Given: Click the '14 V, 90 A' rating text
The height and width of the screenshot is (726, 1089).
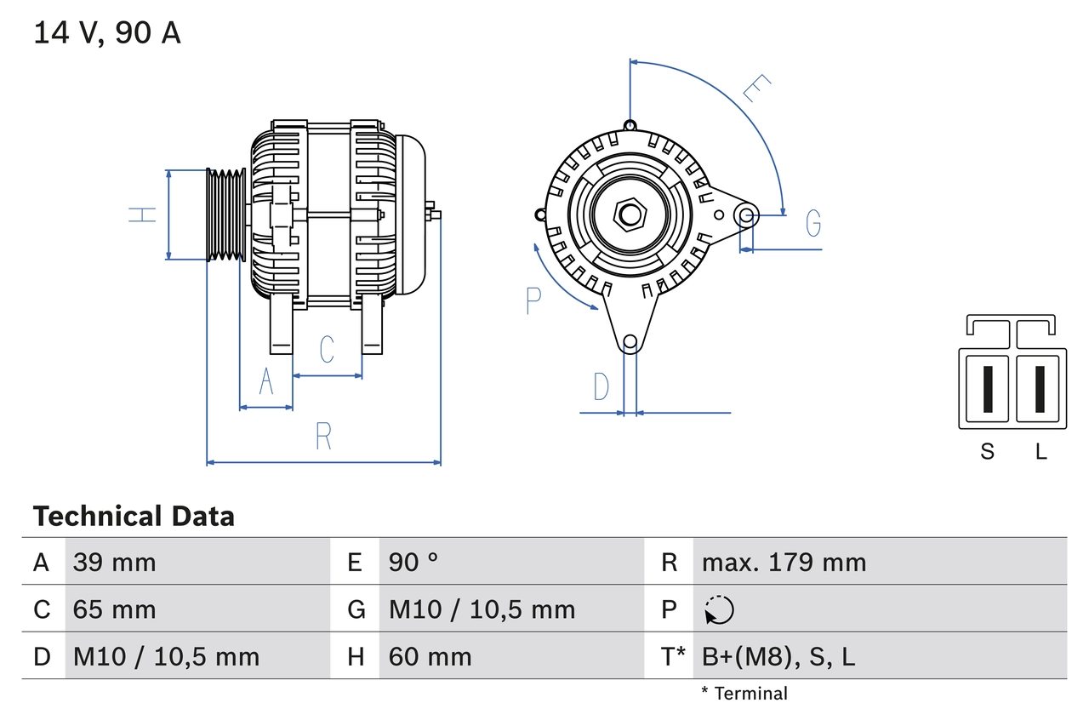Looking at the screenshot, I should pos(107,32).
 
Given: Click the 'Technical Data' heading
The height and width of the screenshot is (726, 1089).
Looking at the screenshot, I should pos(134,517).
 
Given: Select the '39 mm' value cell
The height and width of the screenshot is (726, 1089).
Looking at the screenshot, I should pos(115,562).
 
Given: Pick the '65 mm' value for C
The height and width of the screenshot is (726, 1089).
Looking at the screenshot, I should pos(115,609).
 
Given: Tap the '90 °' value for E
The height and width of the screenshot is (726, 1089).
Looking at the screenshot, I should pos(413,562).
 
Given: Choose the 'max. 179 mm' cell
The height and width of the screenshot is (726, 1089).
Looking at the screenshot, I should pos(784,562).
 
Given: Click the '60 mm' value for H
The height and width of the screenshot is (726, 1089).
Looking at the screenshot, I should pos(430,656).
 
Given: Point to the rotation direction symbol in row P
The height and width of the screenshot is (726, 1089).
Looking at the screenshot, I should pos(720,609).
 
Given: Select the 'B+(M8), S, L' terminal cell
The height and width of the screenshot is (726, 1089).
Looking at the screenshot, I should pos(778,656).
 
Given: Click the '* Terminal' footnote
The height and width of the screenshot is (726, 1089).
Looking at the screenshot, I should pos(744,694).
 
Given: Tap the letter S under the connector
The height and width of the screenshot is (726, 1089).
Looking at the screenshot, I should pos(987,452).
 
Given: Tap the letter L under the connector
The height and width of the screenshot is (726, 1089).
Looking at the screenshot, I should pos(1041,452).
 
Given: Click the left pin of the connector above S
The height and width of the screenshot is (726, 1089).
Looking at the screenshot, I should pos(987,389).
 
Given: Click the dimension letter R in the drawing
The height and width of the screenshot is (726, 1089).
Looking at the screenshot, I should pos(323,437).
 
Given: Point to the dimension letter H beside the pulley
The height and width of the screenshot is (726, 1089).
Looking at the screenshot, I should pos(143,214).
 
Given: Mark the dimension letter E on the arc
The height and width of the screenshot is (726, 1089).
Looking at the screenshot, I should pos(756,89).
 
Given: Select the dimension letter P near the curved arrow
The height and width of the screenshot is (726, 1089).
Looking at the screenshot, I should pos(533,300).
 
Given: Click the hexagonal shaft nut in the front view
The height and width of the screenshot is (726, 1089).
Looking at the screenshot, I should pos(630,214).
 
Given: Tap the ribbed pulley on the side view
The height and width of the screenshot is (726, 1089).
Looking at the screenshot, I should pos(226,214).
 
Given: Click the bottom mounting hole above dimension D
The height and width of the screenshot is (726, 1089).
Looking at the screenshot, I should pos(630,342).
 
